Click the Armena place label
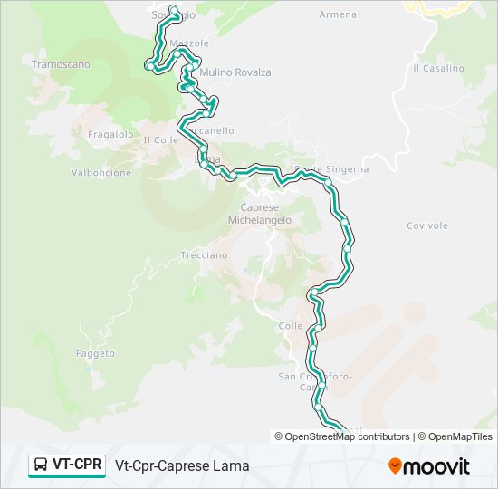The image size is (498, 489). [x=338, y=14]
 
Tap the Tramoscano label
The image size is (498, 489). [x=61, y=65]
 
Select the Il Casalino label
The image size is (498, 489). [x=438, y=68]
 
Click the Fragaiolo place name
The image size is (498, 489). [x=111, y=134]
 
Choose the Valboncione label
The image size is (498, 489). [x=101, y=173]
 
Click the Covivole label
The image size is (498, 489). [x=427, y=225]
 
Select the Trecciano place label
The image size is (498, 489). [x=204, y=255]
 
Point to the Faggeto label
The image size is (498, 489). [x=96, y=353]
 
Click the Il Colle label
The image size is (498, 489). [x=161, y=140]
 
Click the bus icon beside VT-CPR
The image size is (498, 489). [x=41, y=465]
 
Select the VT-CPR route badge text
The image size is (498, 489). [x=77, y=465]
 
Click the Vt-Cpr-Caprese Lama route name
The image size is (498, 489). [x=182, y=466]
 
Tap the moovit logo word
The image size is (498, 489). [x=437, y=466]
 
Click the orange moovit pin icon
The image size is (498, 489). [x=395, y=466]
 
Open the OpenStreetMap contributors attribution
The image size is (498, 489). [x=348, y=436]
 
